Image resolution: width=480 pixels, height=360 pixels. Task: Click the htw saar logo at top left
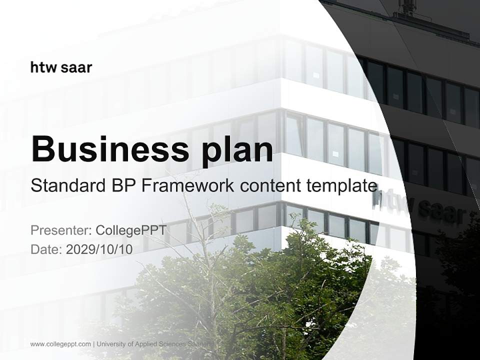(61, 67)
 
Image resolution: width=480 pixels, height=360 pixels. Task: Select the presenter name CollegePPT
(130, 230)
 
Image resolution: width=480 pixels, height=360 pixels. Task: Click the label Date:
(46, 249)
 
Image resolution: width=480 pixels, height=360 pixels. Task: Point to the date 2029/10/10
(99, 249)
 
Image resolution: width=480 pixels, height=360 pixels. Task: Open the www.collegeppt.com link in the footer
(60, 344)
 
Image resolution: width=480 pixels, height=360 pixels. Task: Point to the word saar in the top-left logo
(76, 67)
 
